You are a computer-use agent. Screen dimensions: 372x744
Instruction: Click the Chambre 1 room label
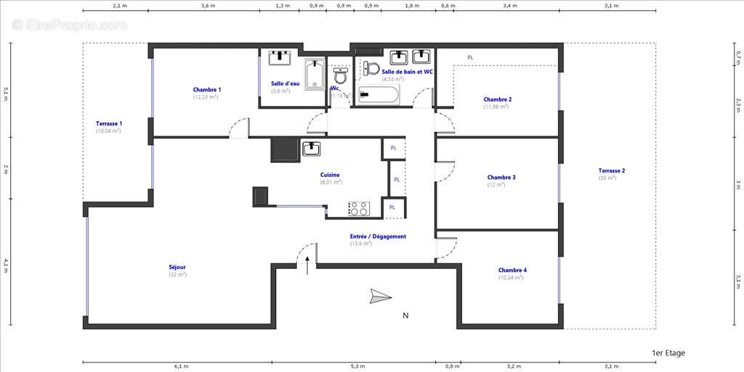tap(207, 90)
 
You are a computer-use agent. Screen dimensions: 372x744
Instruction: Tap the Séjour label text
tap(177, 267)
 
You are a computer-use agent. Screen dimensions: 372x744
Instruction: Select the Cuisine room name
tap(330, 175)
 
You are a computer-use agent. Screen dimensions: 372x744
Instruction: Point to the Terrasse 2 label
tap(611, 171)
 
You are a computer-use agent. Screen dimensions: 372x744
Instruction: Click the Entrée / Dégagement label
tap(378, 236)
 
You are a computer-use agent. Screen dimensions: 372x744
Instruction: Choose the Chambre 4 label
tap(512, 270)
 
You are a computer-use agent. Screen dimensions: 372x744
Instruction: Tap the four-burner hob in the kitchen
tap(358, 209)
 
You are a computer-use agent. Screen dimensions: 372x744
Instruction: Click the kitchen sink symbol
tap(311, 149)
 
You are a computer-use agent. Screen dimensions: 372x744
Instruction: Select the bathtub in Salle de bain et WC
tap(377, 96)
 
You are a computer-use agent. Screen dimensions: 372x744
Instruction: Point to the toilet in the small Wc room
tap(340, 75)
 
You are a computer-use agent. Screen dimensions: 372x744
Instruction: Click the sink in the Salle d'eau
tap(280, 58)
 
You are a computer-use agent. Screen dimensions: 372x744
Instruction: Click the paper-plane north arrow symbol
tap(380, 296)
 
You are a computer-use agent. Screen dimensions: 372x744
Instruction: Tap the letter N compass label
tap(405, 315)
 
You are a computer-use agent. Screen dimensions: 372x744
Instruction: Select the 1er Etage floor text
tap(668, 353)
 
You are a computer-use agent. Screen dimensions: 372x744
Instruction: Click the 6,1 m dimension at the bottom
tap(181, 366)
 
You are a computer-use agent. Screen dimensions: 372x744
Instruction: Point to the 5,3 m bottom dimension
tap(357, 366)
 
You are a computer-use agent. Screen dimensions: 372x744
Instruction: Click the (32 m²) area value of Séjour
tap(177, 275)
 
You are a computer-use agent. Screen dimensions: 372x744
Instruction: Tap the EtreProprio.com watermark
tap(70, 25)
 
